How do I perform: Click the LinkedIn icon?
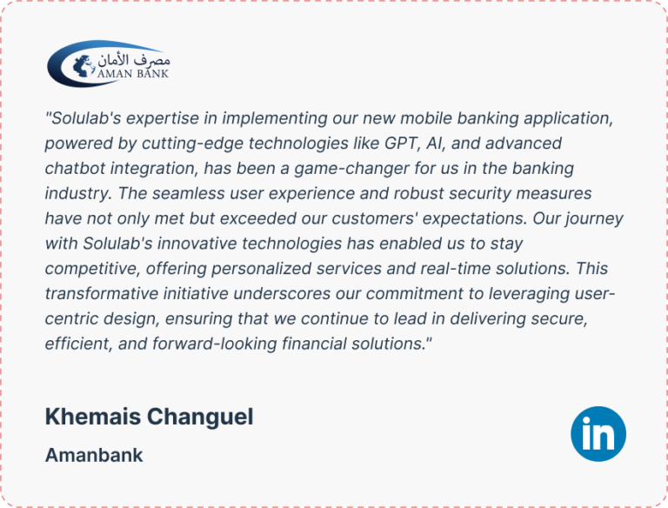pos(598,434)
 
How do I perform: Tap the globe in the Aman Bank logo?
pos(83,66)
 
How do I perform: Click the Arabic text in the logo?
pos(134,60)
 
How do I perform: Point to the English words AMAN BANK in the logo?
pos(133,74)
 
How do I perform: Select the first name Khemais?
pos(93,417)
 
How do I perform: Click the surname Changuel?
pos(200,417)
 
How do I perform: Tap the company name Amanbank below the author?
pos(94,455)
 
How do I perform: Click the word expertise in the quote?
pos(163,119)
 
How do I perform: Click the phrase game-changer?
pos(352,169)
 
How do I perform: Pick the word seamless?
pos(188,193)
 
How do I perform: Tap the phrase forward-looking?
pos(215,344)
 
